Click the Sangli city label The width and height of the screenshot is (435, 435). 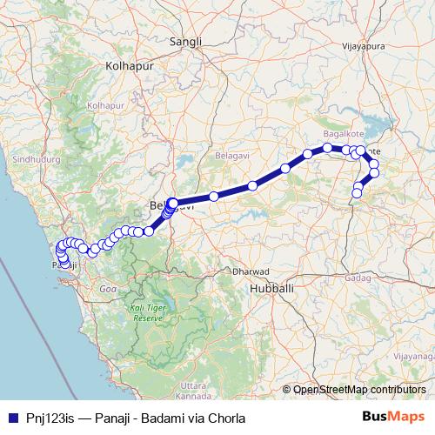185,42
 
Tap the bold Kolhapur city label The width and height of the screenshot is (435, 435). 128,65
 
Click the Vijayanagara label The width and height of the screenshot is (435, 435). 412,357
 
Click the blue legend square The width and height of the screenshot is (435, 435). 11,418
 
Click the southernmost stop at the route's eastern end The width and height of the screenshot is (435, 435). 356,193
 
